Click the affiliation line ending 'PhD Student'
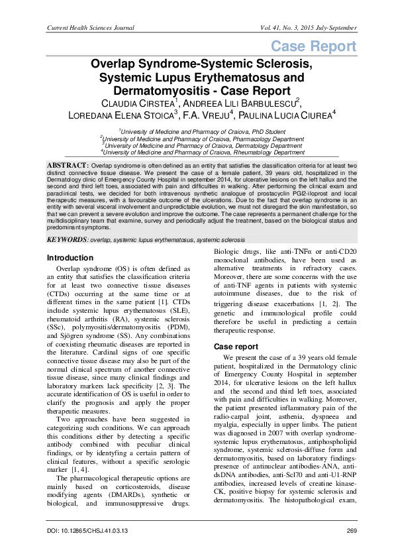tap(197, 133)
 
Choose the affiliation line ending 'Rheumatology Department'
tap(197, 152)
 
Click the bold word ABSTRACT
tap(68, 164)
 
